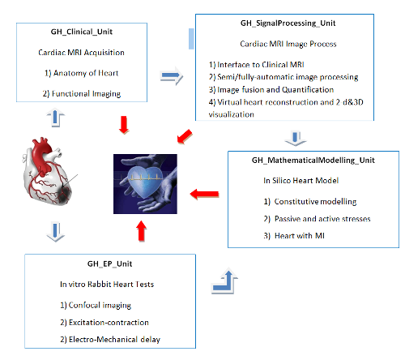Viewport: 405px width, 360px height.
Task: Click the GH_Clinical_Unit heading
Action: [82, 32]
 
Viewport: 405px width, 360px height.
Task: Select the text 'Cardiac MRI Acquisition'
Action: [81, 53]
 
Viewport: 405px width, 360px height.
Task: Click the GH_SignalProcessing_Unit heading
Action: [288, 24]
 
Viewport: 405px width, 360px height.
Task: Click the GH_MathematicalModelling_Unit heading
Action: [313, 161]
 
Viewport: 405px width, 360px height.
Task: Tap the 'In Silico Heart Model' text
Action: [301, 181]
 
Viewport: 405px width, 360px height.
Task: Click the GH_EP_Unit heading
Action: [109, 264]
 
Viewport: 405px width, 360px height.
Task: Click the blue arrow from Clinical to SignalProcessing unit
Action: [172, 76]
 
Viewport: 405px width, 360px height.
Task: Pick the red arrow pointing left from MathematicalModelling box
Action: [204, 194]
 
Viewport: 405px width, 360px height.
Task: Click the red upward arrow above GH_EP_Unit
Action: [142, 231]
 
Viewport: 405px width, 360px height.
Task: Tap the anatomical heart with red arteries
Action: [48, 171]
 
